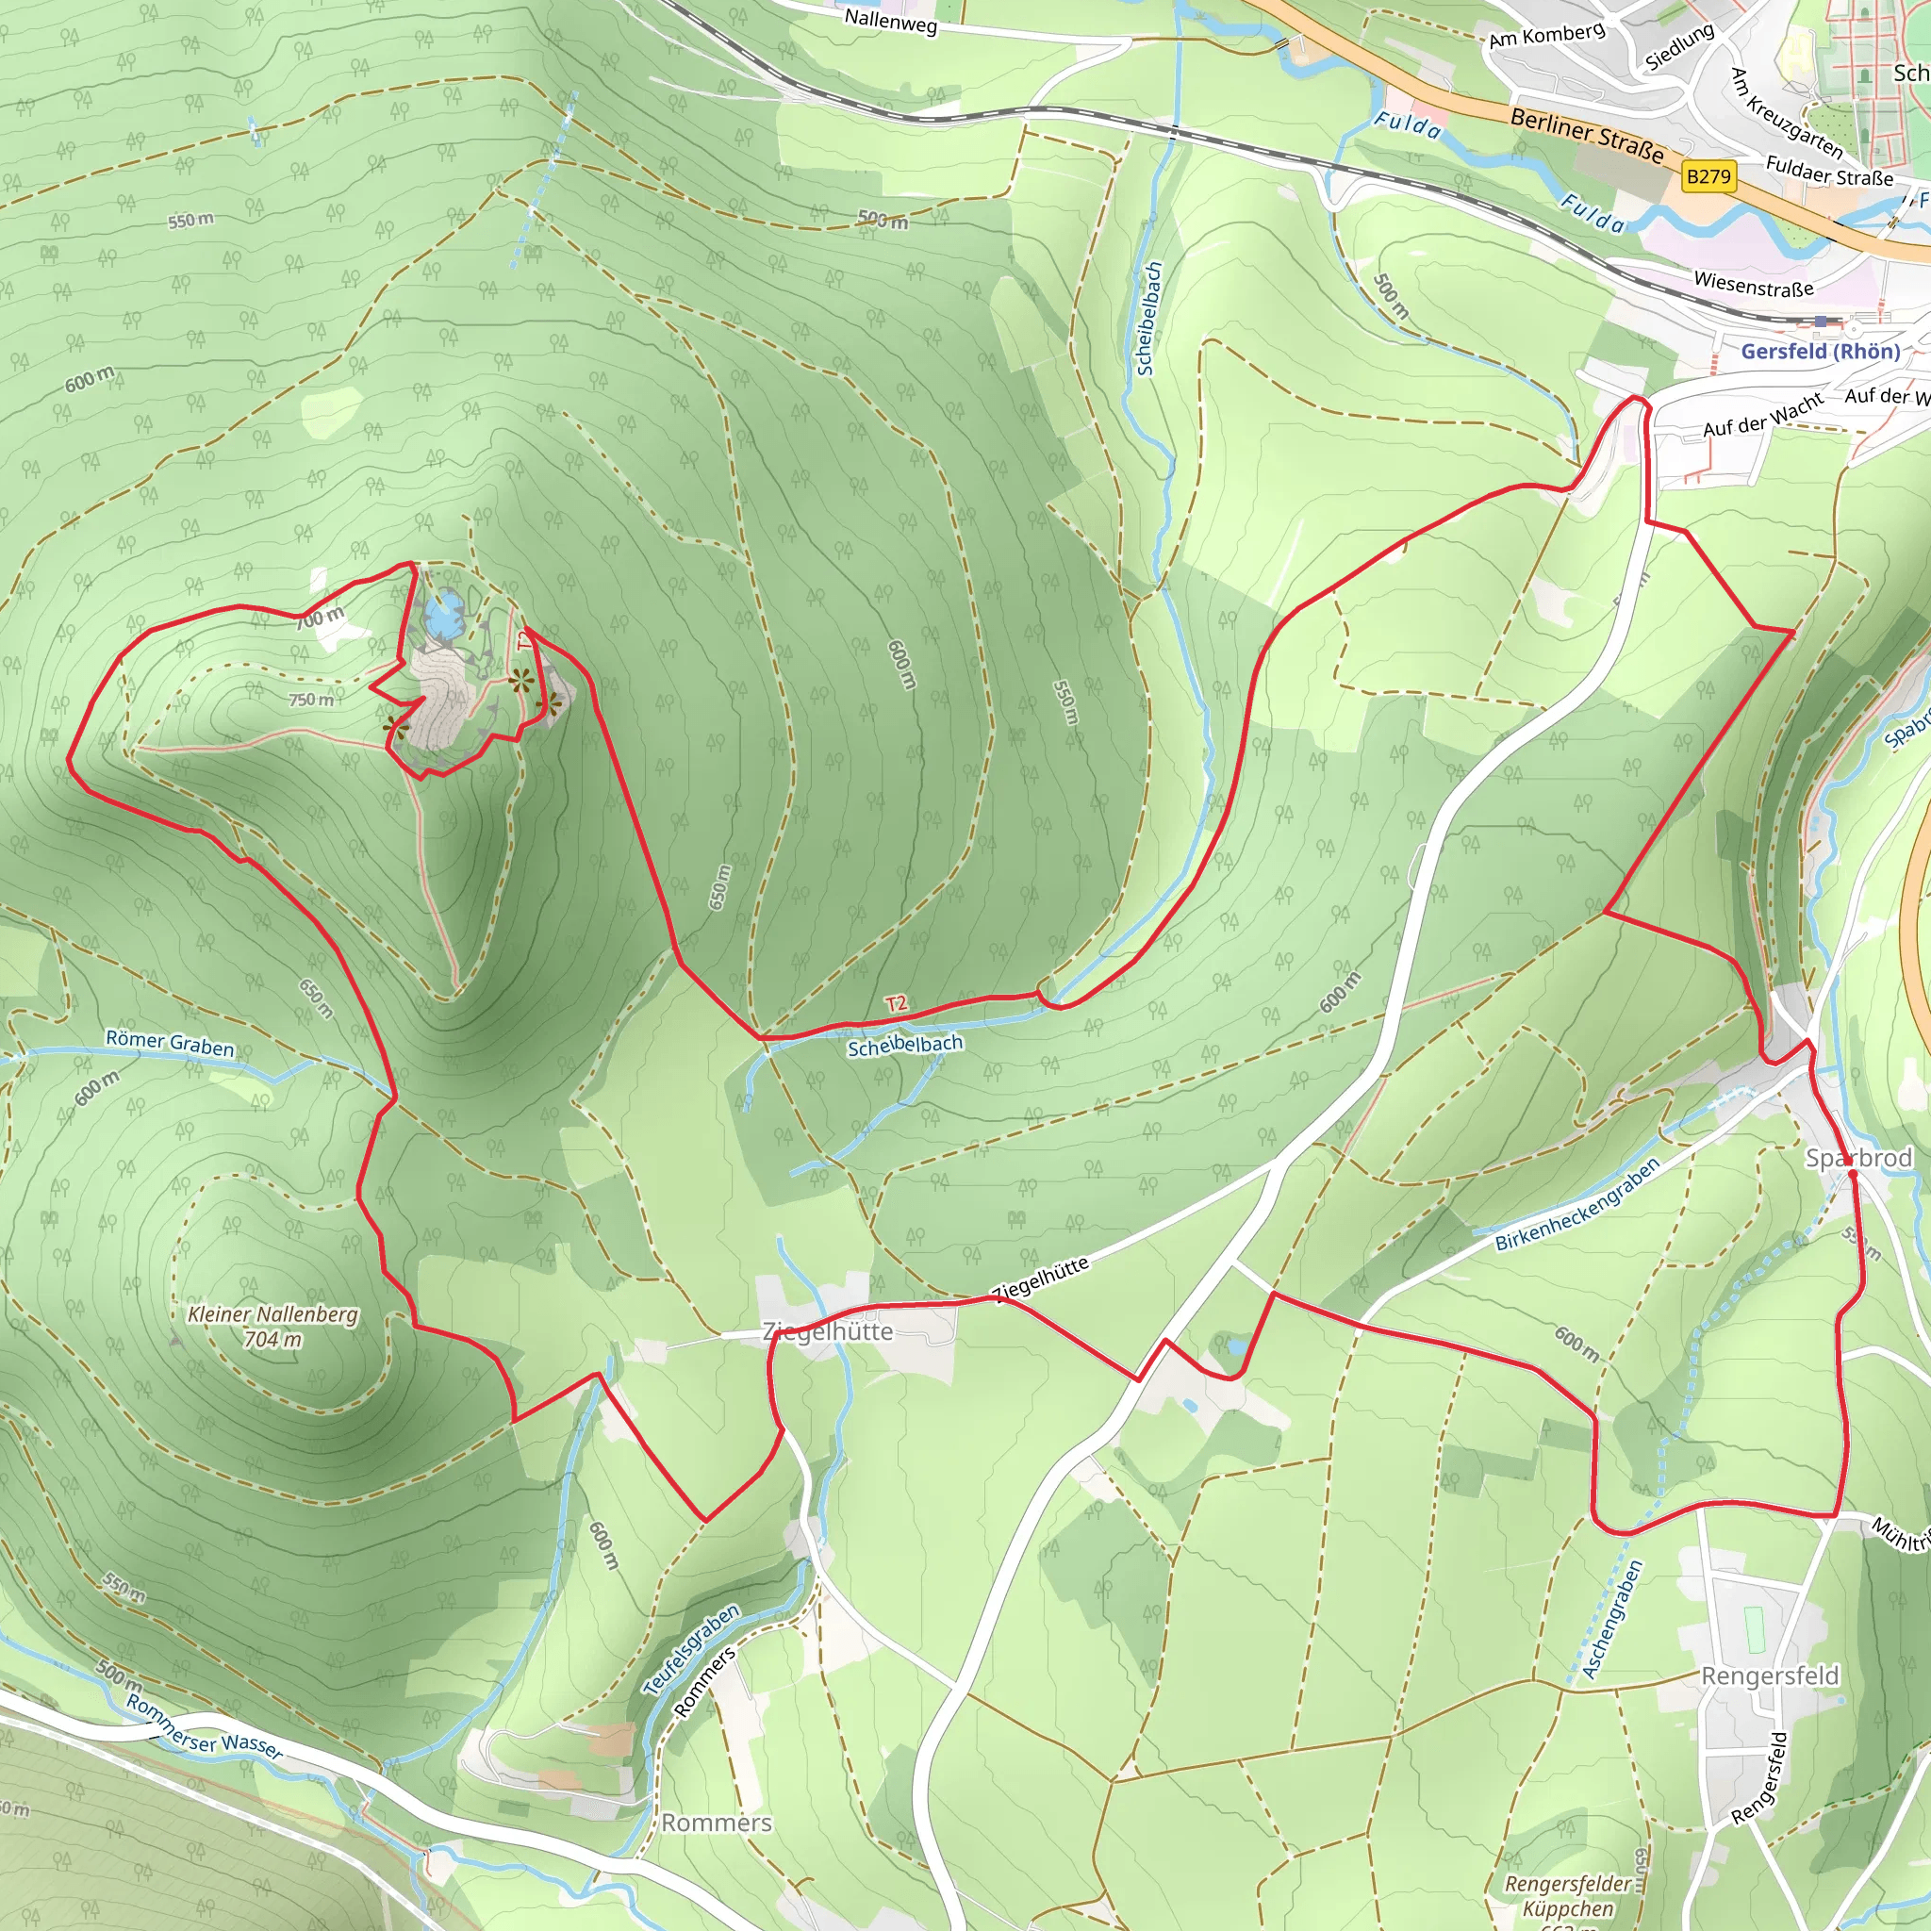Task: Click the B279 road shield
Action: pos(1708,177)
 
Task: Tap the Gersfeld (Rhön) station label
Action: pos(1820,351)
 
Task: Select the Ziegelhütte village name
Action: pos(828,1331)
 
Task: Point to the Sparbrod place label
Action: pos(1858,1159)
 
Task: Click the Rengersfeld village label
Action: pos(1770,1675)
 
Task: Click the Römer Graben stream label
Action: pos(170,1044)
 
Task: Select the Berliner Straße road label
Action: pos(1587,136)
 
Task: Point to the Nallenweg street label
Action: pos(890,20)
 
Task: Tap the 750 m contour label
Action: pos(311,700)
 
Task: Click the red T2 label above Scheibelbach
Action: pos(896,1003)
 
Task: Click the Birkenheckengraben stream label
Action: pos(1577,1204)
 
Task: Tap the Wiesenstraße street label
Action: pos(1753,284)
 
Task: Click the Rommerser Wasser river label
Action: pos(203,1726)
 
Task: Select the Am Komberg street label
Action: pos(1546,36)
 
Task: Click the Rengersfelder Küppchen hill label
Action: pos(1568,1896)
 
